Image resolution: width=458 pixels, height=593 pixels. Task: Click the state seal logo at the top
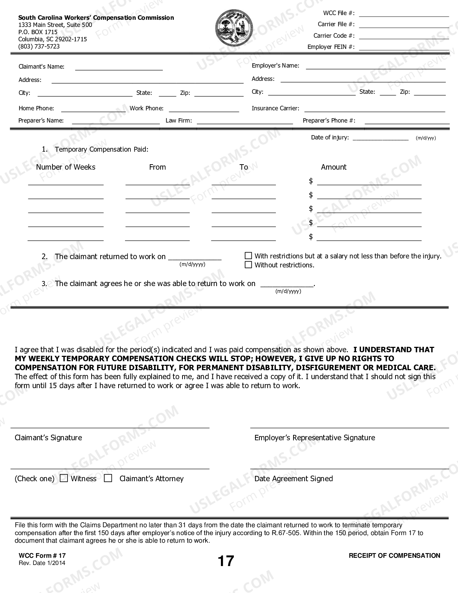[233, 28]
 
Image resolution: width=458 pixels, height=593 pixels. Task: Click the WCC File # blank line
[404, 16]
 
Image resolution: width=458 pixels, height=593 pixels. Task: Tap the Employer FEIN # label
[331, 47]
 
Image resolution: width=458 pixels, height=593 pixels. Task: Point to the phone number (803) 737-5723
[39, 46]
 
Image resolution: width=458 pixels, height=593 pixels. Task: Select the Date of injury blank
[380, 139]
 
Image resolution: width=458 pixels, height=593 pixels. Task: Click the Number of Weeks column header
[66, 167]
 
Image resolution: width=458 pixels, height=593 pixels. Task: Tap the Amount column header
[334, 167]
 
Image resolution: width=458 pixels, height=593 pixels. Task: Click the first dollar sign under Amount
[311, 181]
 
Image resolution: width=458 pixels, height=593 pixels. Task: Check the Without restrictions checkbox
[248, 265]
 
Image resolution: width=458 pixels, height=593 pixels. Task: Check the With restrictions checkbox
[248, 256]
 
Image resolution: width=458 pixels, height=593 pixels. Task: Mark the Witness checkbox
[64, 478]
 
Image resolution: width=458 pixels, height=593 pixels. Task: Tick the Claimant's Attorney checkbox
[108, 478]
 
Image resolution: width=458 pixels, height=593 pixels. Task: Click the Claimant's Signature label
[48, 438]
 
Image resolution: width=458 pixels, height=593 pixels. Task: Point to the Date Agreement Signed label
[293, 479]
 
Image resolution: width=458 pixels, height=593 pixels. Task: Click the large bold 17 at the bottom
[226, 561]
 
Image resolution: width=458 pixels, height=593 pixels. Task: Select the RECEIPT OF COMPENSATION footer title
[394, 556]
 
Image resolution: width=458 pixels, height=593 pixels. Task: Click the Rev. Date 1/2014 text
[42, 563]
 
